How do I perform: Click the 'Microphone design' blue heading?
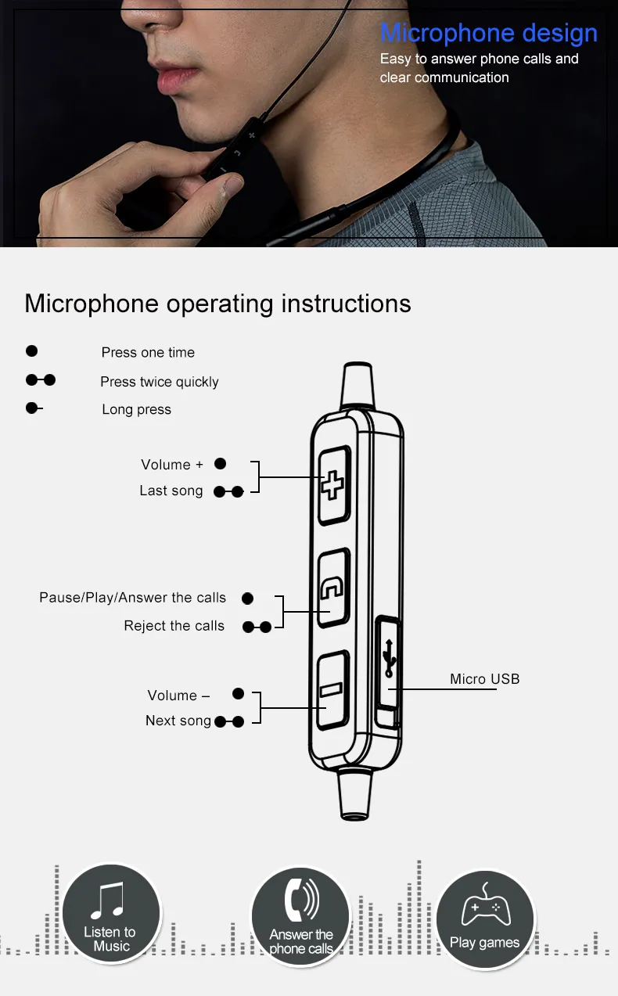(488, 34)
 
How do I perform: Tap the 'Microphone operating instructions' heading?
(217, 303)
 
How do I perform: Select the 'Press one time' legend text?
(148, 352)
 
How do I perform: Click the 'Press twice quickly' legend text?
(159, 382)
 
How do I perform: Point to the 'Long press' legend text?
(136, 409)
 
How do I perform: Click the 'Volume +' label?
(171, 465)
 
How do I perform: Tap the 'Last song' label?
(171, 491)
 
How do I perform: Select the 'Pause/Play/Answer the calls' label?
(132, 598)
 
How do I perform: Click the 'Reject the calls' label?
(174, 626)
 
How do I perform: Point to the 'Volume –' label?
(178, 696)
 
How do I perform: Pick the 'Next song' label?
(178, 721)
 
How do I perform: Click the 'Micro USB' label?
(484, 679)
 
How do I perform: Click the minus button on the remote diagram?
(331, 689)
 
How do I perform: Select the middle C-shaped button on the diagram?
(332, 588)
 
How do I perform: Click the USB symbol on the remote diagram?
(389, 656)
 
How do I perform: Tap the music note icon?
(108, 901)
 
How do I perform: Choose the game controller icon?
(485, 908)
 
